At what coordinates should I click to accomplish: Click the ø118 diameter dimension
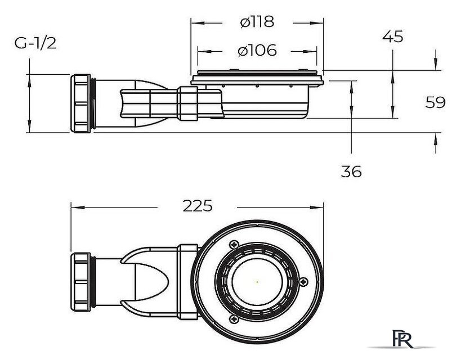[256, 22]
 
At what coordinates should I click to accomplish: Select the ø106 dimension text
[257, 50]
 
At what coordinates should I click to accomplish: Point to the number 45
[392, 37]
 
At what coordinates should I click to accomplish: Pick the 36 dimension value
[351, 172]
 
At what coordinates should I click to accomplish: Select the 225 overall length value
[197, 206]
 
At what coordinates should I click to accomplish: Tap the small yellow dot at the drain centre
[257, 281]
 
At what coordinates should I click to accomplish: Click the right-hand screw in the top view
[305, 283]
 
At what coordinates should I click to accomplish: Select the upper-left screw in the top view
[232, 245]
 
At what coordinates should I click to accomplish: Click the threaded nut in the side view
[82, 103]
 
